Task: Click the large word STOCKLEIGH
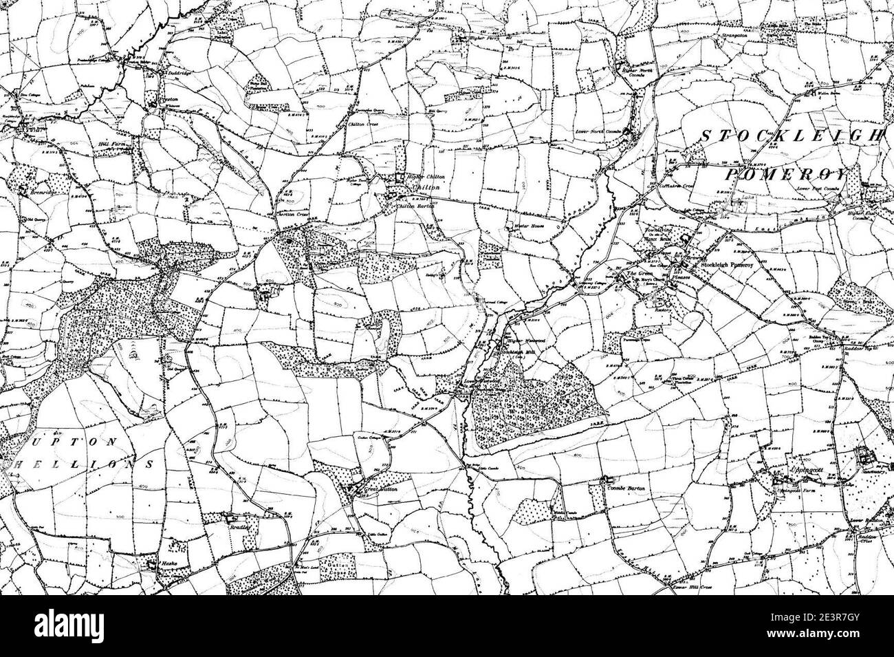tap(791, 136)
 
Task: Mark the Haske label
tap(170, 563)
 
